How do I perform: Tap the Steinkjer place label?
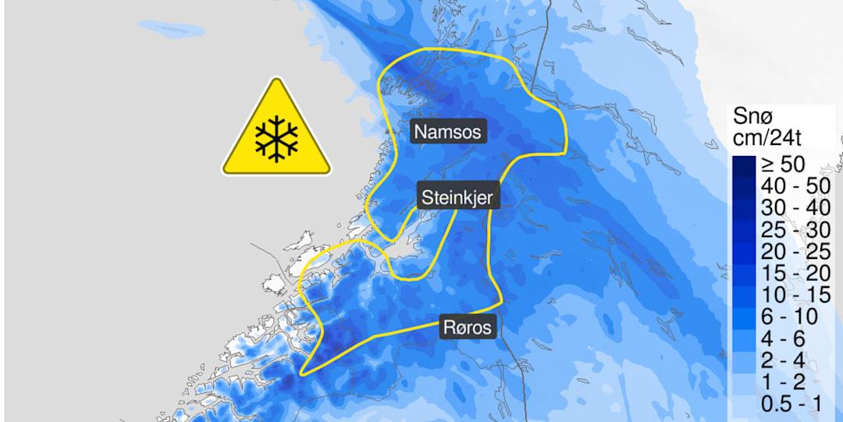click(x=457, y=197)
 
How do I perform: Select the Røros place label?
click(x=468, y=327)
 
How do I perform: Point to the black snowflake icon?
click(x=276, y=138)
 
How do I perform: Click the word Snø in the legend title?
click(x=752, y=117)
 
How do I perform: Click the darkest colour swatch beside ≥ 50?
click(x=744, y=165)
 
